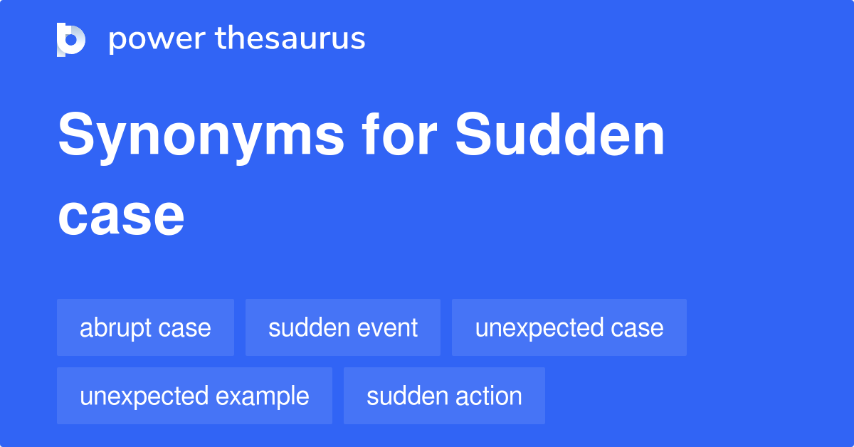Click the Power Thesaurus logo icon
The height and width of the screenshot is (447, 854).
pyautogui.click(x=71, y=39)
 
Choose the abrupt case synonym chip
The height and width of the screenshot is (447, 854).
pyautogui.click(x=145, y=328)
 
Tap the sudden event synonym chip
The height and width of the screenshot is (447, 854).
pyautogui.click(x=343, y=328)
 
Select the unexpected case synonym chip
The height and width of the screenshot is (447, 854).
pyautogui.click(x=569, y=328)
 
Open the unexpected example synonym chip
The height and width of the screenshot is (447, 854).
pyautogui.click(x=194, y=396)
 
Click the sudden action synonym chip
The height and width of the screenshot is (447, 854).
pyautogui.click(x=444, y=396)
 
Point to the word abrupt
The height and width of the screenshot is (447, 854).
pyautogui.click(x=116, y=329)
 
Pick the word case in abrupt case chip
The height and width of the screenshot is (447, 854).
pyautogui.click(x=185, y=329)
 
